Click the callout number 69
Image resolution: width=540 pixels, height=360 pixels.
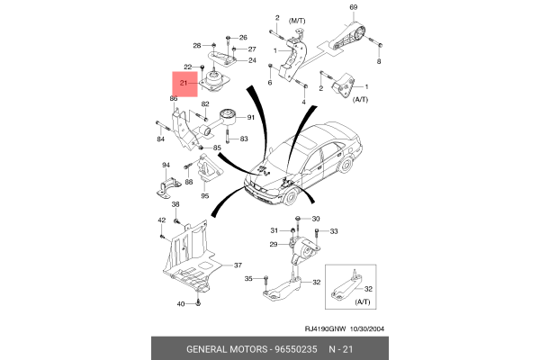pos(354,8)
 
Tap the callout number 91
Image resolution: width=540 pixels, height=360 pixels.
pos(250,118)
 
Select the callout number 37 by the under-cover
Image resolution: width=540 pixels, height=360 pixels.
pos(238,265)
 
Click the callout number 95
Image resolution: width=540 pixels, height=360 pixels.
pos(204,196)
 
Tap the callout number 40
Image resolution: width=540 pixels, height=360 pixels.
pos(181,304)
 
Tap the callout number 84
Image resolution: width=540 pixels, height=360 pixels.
pos(159,139)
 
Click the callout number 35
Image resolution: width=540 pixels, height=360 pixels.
pos(249,280)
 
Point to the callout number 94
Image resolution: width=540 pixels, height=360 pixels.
pos(166,166)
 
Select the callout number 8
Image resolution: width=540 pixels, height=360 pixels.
pos(379,61)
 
